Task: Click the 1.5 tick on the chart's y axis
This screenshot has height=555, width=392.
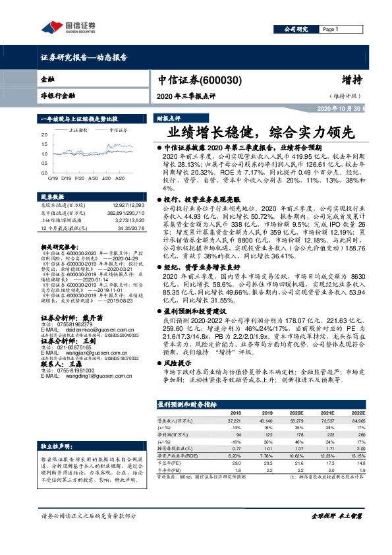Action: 44,143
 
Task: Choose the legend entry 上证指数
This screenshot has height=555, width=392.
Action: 80,131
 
